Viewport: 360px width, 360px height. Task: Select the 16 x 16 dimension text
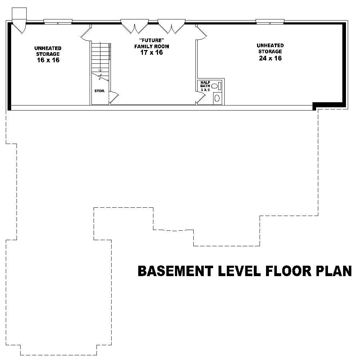48,60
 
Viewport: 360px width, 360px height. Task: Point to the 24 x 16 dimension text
270,58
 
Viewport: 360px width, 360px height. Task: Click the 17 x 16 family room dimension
152,52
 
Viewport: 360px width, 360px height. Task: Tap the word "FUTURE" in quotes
152,40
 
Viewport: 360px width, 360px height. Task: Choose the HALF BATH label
205,84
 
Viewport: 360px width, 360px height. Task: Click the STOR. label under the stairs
99,91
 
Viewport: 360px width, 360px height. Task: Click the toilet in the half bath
217,98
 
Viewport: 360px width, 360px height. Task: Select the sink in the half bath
215,86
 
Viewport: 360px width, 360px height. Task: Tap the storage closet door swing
114,96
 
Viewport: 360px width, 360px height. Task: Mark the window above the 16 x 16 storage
58,21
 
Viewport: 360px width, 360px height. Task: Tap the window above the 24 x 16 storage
270,21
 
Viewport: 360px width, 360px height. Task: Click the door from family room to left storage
86,32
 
